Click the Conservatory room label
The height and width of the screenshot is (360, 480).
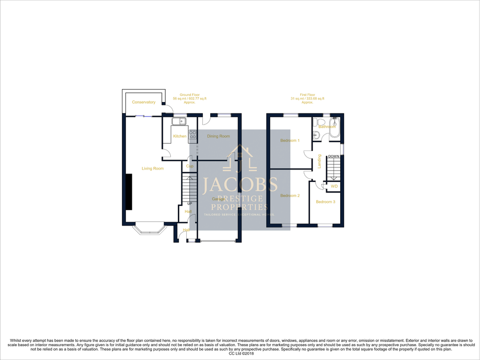coord(143,102)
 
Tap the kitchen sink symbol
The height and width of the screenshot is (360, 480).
coord(178,121)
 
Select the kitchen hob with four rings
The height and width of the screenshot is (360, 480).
coord(192,134)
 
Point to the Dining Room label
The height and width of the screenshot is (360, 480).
coord(218,136)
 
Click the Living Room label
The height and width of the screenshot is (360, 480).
coord(152,168)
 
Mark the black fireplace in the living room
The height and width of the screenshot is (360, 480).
coord(128,192)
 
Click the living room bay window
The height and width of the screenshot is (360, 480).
coord(149,228)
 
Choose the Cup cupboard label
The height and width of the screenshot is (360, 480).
coord(190,166)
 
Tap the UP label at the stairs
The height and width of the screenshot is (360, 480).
coord(190,204)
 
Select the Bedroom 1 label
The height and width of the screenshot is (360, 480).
coord(290,140)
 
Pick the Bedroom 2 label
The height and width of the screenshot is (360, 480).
coord(290,195)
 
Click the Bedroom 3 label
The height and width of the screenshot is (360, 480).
coord(325,202)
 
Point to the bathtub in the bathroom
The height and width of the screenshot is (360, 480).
coord(334,127)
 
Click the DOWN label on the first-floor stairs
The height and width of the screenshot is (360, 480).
coord(334,157)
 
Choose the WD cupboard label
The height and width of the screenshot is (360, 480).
coord(334,186)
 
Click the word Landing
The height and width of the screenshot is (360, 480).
coord(319,161)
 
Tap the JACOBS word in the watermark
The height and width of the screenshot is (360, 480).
coord(240,185)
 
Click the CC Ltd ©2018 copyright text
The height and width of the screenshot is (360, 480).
coord(240,353)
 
